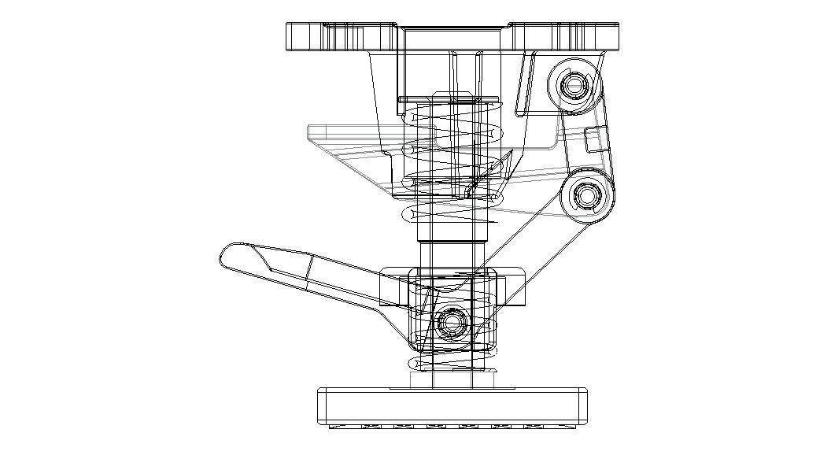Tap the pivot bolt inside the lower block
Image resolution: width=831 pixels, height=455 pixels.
pyautogui.click(x=451, y=321)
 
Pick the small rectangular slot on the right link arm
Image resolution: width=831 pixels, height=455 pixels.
pyautogui.click(x=591, y=139)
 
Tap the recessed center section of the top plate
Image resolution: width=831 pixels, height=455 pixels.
pyautogui.click(x=453, y=36)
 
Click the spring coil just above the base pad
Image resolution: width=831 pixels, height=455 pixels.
pyautogui.click(x=452, y=365)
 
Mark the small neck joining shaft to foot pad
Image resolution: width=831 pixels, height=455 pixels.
pyautogui.click(x=453, y=380)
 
